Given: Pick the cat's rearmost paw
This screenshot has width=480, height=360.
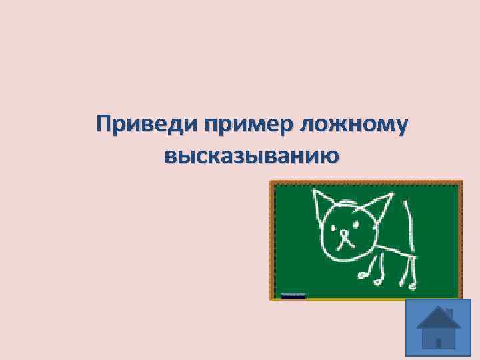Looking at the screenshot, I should tap(412, 285).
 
